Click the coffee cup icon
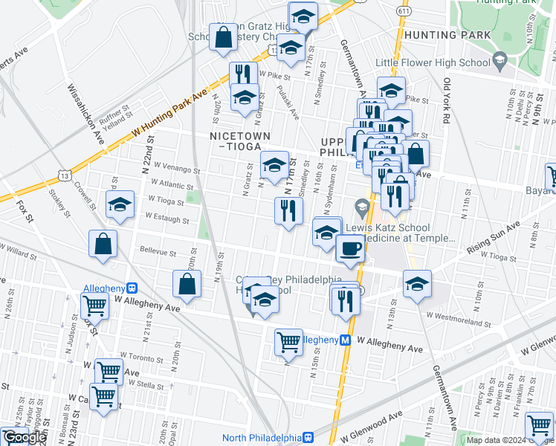click(x=351, y=248)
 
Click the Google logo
click(x=24, y=437)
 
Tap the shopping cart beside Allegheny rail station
click(x=95, y=305)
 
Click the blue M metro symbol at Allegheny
click(x=345, y=340)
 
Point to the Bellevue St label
click(x=156, y=253)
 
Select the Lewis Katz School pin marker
click(x=362, y=205)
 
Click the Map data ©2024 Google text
click(x=509, y=440)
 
